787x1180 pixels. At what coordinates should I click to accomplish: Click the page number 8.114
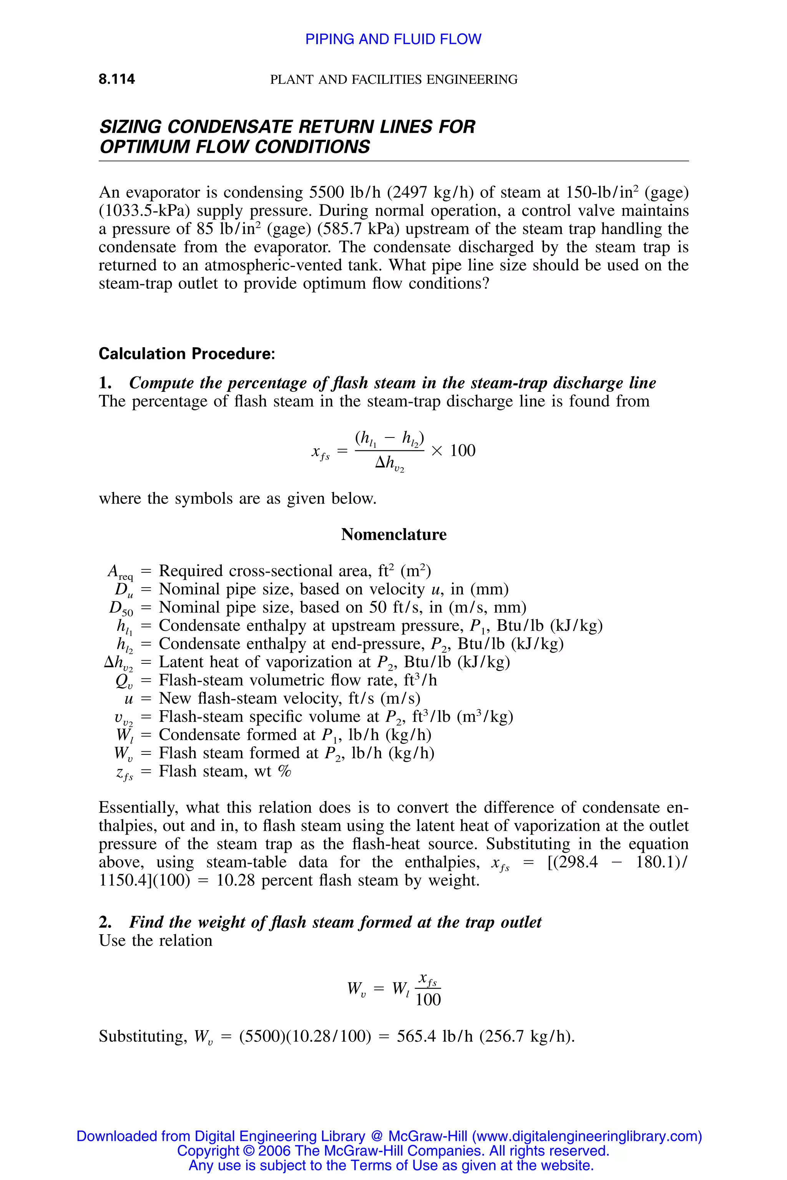tap(116, 79)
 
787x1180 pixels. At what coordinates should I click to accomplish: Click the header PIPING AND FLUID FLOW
tap(393, 39)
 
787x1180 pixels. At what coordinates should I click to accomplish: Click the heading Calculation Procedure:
tap(187, 354)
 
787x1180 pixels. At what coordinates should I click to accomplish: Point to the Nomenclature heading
tap(393, 534)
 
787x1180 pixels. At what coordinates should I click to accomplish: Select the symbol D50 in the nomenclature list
tap(121, 608)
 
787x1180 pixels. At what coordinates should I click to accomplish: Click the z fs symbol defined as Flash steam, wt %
tap(125, 772)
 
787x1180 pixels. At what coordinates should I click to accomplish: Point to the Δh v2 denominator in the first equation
tap(390, 464)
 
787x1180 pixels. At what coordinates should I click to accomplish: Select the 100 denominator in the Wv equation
tap(428, 999)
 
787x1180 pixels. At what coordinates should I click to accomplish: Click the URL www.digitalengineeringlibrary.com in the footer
tap(587, 1136)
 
